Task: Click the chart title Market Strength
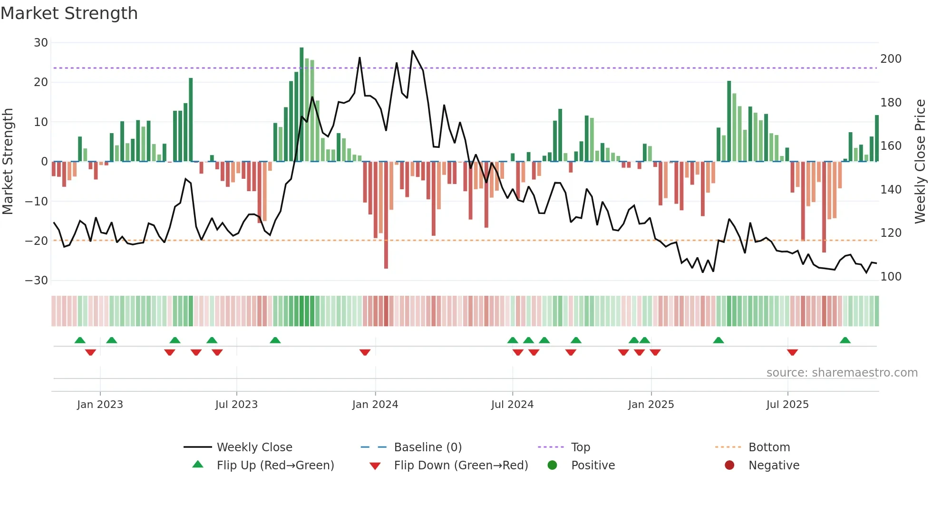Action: pyautogui.click(x=69, y=13)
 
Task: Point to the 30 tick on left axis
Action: pyautogui.click(x=41, y=43)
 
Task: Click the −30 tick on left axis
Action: pyautogui.click(x=37, y=281)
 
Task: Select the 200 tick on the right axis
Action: pyautogui.click(x=891, y=59)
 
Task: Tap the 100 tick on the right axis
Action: pyautogui.click(x=891, y=277)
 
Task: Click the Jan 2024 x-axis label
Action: pyautogui.click(x=375, y=405)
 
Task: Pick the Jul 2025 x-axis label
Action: pyautogui.click(x=787, y=405)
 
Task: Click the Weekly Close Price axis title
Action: pyautogui.click(x=920, y=162)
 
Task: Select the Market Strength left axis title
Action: pyautogui.click(x=8, y=162)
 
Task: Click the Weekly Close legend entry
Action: pyautogui.click(x=254, y=447)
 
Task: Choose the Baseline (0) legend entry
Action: pyautogui.click(x=427, y=447)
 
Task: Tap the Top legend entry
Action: pyautogui.click(x=580, y=447)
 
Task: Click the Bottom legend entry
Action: pyautogui.click(x=769, y=447)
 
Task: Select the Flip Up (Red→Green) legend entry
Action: pyautogui.click(x=275, y=466)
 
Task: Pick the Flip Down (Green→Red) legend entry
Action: pyautogui.click(x=460, y=466)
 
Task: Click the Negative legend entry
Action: pyautogui.click(x=774, y=466)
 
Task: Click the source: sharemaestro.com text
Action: pyautogui.click(x=842, y=373)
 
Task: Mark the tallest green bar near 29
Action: pyautogui.click(x=301, y=105)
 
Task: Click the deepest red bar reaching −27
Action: pyautogui.click(x=386, y=215)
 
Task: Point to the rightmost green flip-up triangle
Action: pyautogui.click(x=845, y=340)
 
